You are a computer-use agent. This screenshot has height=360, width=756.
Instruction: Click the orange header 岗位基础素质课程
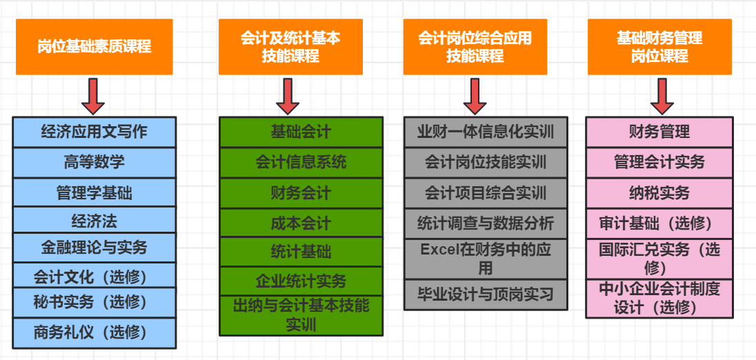[x=94, y=47]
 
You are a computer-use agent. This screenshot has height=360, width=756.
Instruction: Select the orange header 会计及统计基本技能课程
[x=290, y=47]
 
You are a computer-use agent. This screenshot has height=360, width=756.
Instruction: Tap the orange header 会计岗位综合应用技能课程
[x=475, y=47]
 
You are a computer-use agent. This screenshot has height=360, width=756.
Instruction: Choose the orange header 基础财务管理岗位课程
[x=659, y=47]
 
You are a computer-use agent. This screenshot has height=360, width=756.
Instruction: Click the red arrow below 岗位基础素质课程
[x=93, y=96]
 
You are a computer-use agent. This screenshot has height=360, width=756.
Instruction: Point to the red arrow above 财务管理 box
[x=662, y=96]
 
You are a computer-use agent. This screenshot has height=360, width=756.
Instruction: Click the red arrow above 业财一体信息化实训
[x=475, y=96]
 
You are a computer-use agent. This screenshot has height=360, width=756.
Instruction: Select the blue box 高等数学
[x=94, y=163]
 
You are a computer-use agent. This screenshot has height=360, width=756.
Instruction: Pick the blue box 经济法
[x=94, y=221]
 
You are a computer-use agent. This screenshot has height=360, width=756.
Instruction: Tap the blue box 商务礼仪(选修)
[x=94, y=332]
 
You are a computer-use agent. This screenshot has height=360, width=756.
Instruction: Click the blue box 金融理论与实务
[x=94, y=247]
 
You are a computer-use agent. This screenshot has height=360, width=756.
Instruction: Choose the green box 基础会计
[x=301, y=132]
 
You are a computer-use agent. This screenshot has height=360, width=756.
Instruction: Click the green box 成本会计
[x=301, y=223]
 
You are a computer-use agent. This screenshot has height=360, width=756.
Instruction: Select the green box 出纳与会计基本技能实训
[x=301, y=314]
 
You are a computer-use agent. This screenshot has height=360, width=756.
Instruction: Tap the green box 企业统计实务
[x=301, y=281]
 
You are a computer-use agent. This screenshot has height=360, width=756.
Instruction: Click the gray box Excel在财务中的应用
[x=486, y=259]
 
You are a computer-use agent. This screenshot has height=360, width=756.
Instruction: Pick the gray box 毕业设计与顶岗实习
[x=486, y=295]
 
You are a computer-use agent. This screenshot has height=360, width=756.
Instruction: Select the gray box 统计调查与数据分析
[x=486, y=223]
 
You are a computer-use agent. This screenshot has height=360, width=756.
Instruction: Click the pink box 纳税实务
[x=659, y=193]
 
